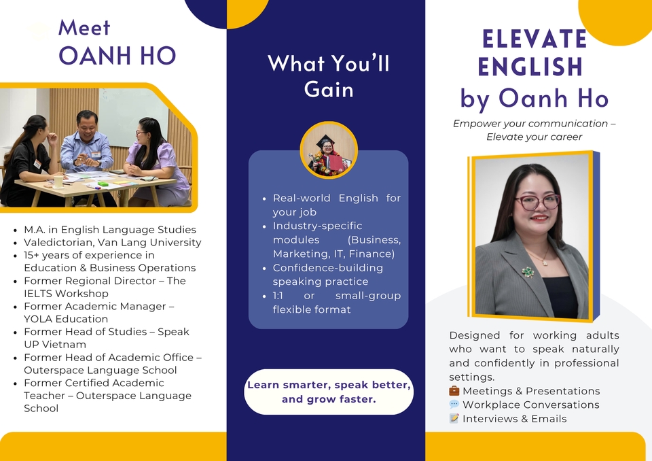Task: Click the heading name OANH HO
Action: pyautogui.click(x=117, y=56)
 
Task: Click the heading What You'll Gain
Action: pyautogui.click(x=329, y=76)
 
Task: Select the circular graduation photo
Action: pyautogui.click(x=329, y=150)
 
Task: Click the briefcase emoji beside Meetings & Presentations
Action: pyautogui.click(x=454, y=391)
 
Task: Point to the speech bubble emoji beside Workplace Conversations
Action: pyautogui.click(x=454, y=405)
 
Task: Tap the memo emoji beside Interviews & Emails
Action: pyautogui.click(x=454, y=419)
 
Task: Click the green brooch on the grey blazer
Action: pyautogui.click(x=528, y=271)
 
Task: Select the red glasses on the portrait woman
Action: pyautogui.click(x=537, y=202)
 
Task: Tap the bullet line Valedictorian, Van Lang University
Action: pyautogui.click(x=113, y=242)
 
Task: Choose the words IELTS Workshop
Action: pyautogui.click(x=66, y=293)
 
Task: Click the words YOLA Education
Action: pyautogui.click(x=66, y=319)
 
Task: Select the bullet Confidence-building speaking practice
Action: pyautogui.click(x=327, y=274)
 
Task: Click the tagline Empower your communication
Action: pyautogui.click(x=534, y=124)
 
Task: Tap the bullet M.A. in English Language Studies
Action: pyautogui.click(x=110, y=230)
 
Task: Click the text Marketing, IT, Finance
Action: pyautogui.click(x=333, y=254)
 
